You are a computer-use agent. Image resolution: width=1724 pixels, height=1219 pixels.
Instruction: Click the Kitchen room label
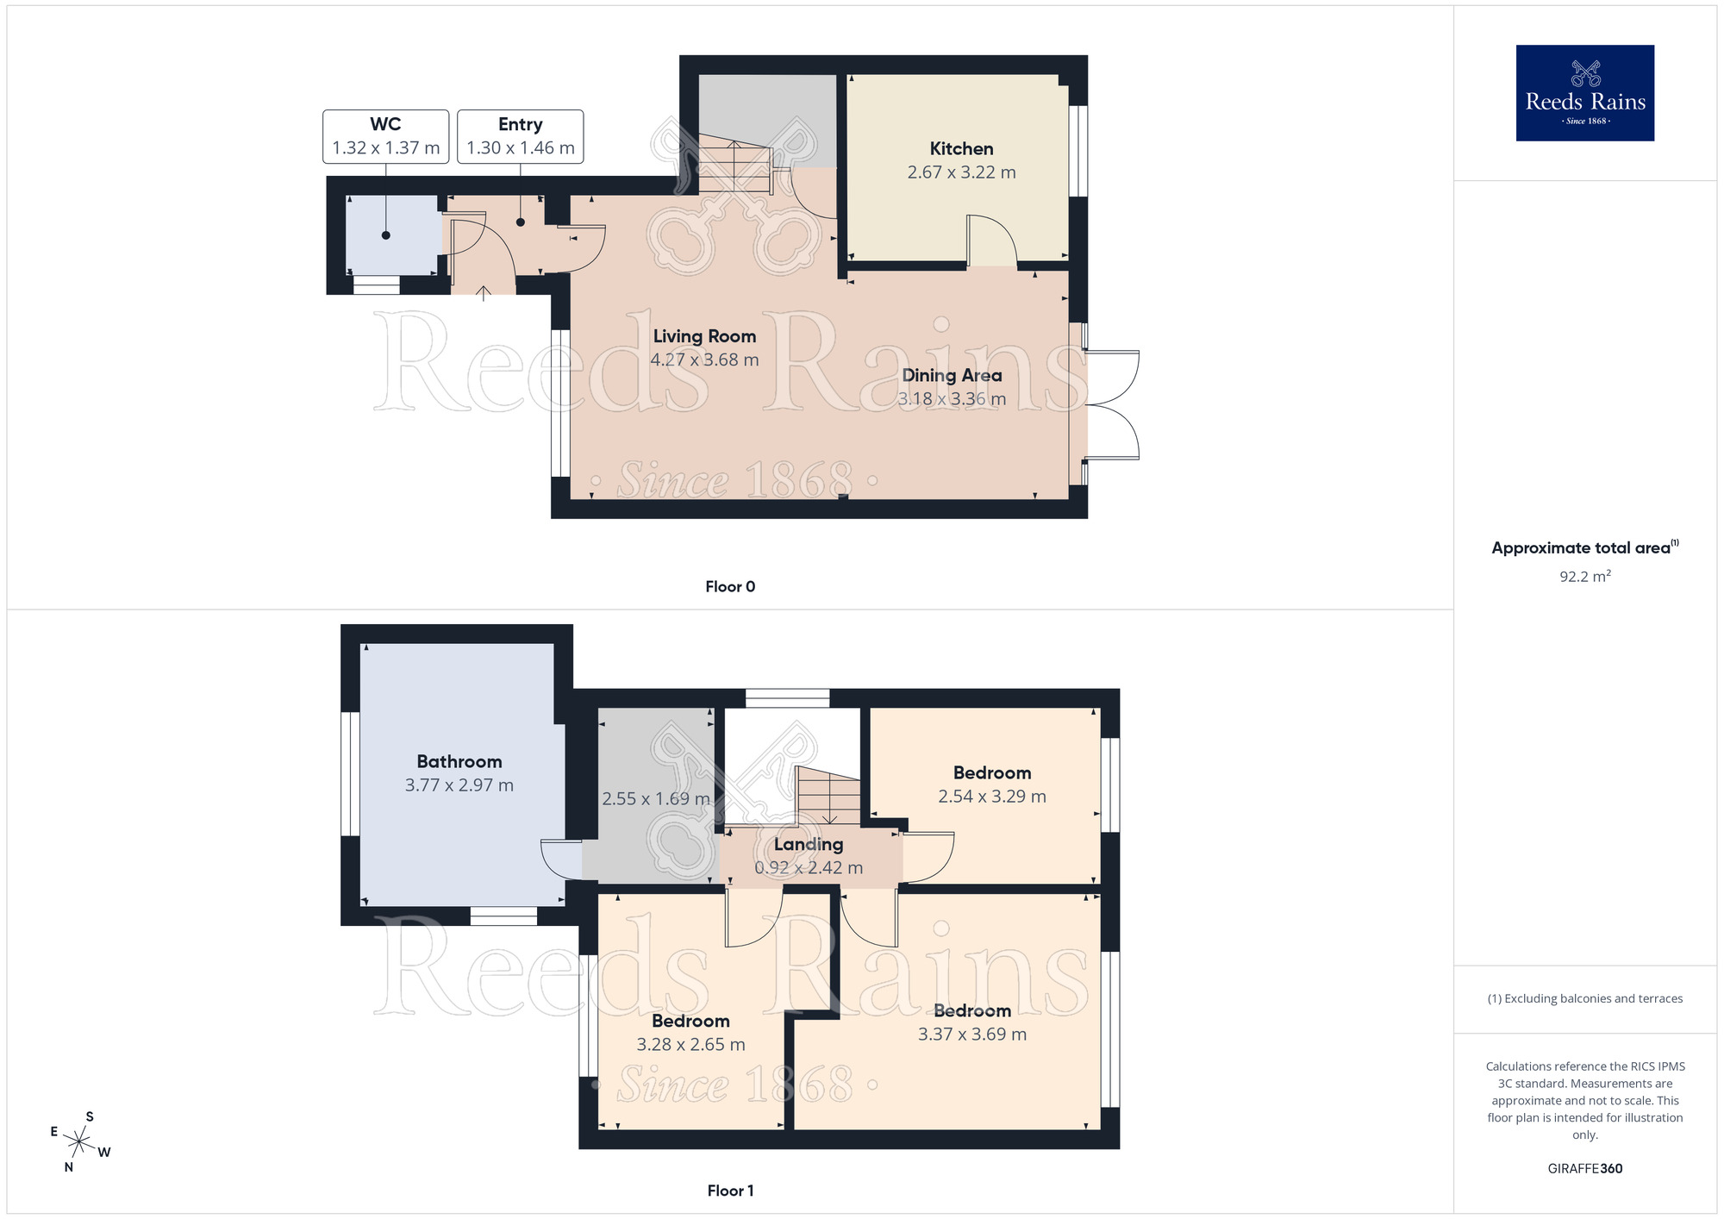(961, 149)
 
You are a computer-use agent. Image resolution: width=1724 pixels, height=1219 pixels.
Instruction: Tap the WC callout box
(385, 136)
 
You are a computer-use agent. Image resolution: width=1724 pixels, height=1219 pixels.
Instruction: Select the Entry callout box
(520, 136)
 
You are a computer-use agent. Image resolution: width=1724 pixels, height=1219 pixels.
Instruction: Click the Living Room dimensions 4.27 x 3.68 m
(704, 360)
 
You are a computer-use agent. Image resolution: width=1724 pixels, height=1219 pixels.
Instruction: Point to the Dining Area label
(952, 376)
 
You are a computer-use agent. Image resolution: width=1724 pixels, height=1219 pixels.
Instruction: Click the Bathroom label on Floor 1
(459, 762)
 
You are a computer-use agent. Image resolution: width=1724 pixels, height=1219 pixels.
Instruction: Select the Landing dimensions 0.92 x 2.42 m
(808, 868)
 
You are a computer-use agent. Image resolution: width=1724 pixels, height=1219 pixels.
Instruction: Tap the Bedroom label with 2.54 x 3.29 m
(991, 773)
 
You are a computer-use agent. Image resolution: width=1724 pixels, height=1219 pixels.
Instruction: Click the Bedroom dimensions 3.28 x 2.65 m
(690, 1045)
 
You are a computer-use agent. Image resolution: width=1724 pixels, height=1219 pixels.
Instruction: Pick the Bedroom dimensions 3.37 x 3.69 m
(971, 1035)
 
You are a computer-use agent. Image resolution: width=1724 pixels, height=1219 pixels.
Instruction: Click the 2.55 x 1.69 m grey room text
(655, 799)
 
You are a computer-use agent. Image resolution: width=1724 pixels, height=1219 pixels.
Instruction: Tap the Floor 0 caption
(729, 587)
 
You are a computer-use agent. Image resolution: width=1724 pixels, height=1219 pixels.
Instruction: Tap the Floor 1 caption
(729, 1191)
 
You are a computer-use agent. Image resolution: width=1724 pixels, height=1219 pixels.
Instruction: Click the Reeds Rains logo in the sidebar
(1584, 93)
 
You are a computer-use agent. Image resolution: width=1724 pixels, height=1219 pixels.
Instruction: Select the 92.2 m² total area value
(1584, 577)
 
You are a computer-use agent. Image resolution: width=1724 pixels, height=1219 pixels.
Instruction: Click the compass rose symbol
(79, 1143)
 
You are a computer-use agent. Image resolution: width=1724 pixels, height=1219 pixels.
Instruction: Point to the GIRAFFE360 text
(1584, 1169)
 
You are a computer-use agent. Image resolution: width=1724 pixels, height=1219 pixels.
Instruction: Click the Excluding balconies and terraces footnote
(1584, 999)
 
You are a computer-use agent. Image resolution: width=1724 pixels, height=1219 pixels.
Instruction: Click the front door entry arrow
(484, 293)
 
